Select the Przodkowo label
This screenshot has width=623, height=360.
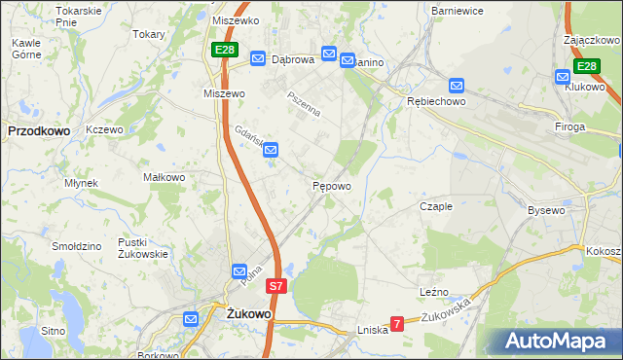(36, 128)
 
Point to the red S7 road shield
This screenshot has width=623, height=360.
(276, 287)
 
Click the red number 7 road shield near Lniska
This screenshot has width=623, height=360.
(396, 323)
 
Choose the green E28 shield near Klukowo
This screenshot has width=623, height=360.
(585, 66)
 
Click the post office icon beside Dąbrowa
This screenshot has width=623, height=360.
(258, 59)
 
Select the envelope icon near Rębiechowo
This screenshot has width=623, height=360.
(456, 85)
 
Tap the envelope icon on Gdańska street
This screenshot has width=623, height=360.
(272, 150)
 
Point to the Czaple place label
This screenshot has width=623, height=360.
(436, 206)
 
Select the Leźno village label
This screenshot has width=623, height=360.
(434, 291)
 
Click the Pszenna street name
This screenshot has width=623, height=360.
(303, 104)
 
